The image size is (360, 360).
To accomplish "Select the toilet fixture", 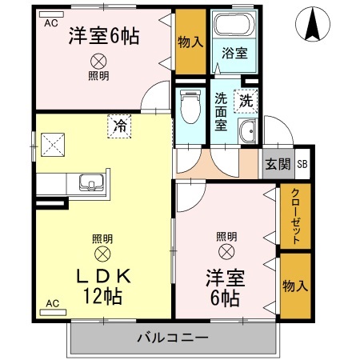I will pos(190,109).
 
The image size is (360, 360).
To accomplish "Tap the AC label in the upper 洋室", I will pos(51,22).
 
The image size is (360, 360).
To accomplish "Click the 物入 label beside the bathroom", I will pos(190,40).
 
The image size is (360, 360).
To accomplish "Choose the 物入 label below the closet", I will pos(294,286).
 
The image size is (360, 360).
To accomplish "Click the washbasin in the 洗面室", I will pos(247,133).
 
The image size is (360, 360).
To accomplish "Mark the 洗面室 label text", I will pos(221,112).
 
